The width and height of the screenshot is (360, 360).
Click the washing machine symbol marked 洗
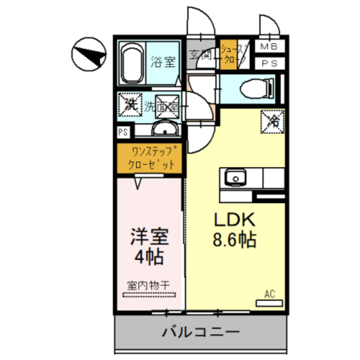tap(130, 105)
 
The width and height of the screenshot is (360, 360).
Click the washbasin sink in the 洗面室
tap(165, 130)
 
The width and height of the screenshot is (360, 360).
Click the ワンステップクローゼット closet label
tap(149, 158)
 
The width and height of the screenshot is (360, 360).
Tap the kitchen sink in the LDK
tap(233, 178)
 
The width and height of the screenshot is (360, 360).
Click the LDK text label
tap(234, 220)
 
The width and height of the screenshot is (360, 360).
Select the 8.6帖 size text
tap(234, 240)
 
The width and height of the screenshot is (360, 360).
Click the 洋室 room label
tap(149, 236)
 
